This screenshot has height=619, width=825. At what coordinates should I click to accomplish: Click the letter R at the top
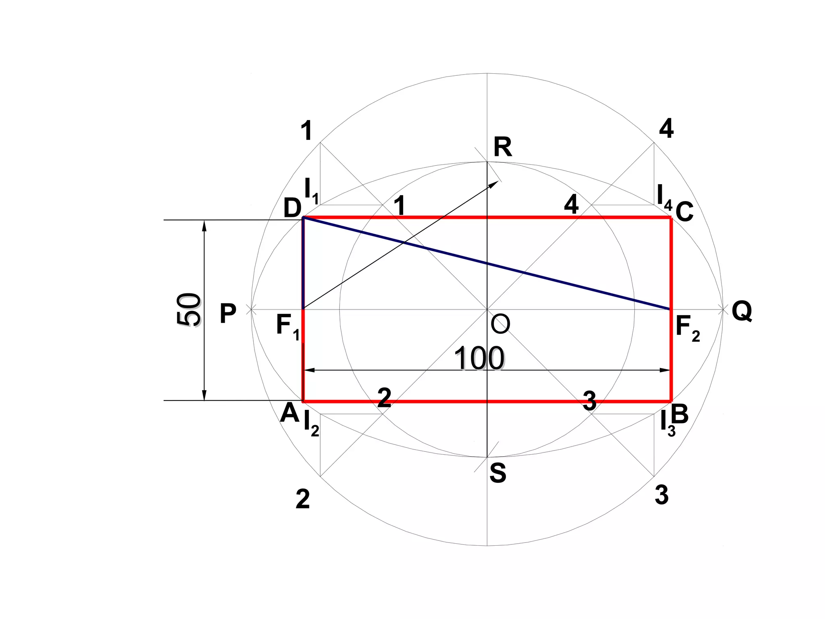coord(503,147)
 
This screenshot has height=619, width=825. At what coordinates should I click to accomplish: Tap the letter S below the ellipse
coord(498,473)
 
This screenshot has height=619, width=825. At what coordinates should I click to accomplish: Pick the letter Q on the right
coord(742,312)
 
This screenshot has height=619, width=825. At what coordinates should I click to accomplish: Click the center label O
coord(501,324)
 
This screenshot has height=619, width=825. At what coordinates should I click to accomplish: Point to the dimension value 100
coord(479,358)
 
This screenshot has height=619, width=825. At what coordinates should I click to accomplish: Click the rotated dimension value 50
coord(189,309)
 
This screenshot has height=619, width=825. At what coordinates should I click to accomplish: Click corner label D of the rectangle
coord(292,208)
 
